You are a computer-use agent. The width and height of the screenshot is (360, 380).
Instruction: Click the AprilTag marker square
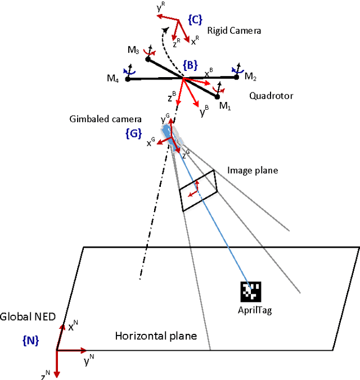pos(251,292)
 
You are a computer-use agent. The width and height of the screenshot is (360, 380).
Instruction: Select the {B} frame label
pos(190,65)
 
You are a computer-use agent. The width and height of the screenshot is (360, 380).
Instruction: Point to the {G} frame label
pos(132,133)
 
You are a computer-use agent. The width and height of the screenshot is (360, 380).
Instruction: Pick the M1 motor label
pos(225,106)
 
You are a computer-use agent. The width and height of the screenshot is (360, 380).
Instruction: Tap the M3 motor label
pos(133,50)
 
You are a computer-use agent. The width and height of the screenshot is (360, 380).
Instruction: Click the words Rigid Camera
pos(234,31)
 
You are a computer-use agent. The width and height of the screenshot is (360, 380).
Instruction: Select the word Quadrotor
pos(271,96)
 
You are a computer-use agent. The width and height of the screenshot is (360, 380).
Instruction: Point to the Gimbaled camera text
pos(105,119)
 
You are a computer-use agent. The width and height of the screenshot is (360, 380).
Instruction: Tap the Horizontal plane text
pos(156,336)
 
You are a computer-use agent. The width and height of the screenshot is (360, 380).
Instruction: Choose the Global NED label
pos(28,317)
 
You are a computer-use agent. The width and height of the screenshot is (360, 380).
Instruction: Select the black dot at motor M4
pos(128,79)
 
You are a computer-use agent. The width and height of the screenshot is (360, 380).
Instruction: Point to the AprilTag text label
pos(255,311)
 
